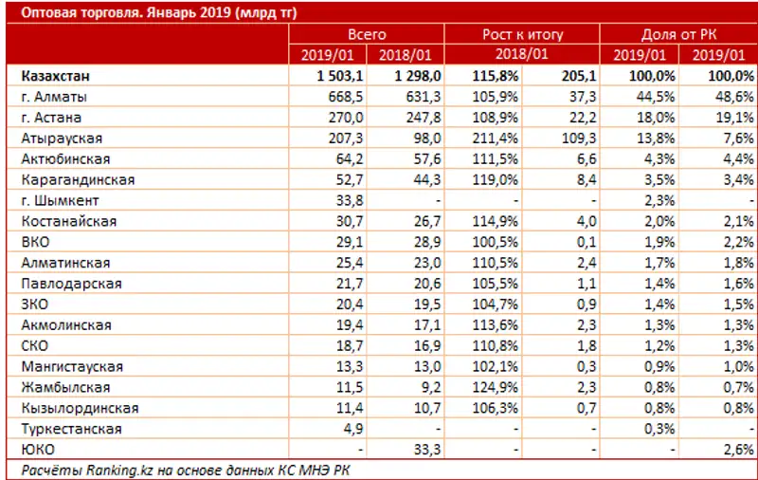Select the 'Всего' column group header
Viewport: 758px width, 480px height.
click(x=367, y=34)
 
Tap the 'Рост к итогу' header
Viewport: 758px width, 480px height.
click(x=522, y=34)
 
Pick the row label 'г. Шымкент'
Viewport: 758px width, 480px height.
click(x=59, y=200)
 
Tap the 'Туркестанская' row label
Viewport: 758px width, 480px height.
click(x=70, y=429)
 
